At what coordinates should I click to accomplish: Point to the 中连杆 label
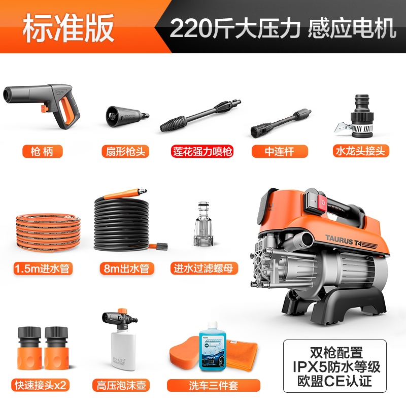[x=280, y=151]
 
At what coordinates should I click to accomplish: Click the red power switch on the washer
[x=323, y=204]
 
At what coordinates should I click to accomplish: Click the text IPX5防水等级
[x=334, y=366]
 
